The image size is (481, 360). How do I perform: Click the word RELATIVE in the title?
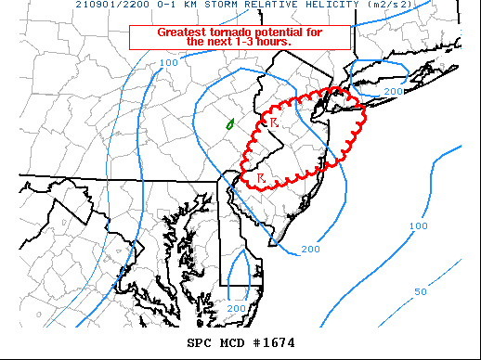(x=254, y=5)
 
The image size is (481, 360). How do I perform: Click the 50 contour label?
(x=421, y=291)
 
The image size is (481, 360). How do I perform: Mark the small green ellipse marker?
(x=229, y=123)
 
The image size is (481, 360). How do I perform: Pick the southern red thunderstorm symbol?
(x=262, y=178)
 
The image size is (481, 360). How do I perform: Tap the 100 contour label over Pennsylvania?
(x=168, y=63)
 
